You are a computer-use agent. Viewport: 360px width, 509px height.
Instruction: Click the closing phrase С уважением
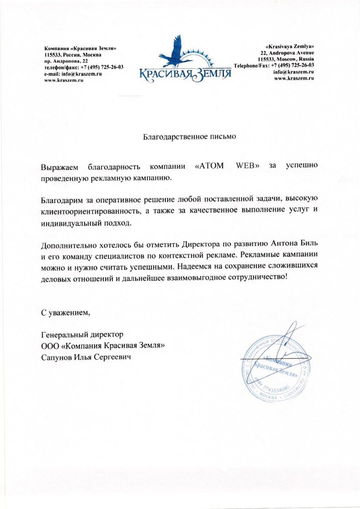[66, 312]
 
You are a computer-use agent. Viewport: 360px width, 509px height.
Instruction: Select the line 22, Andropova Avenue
[287, 53]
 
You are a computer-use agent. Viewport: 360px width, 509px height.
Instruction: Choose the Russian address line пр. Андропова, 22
[66, 61]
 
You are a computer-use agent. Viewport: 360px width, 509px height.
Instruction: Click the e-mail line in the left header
[74, 74]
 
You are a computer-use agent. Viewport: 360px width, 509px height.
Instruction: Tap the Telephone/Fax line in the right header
[274, 65]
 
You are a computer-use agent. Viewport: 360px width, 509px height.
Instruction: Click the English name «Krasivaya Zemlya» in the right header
[290, 47]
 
